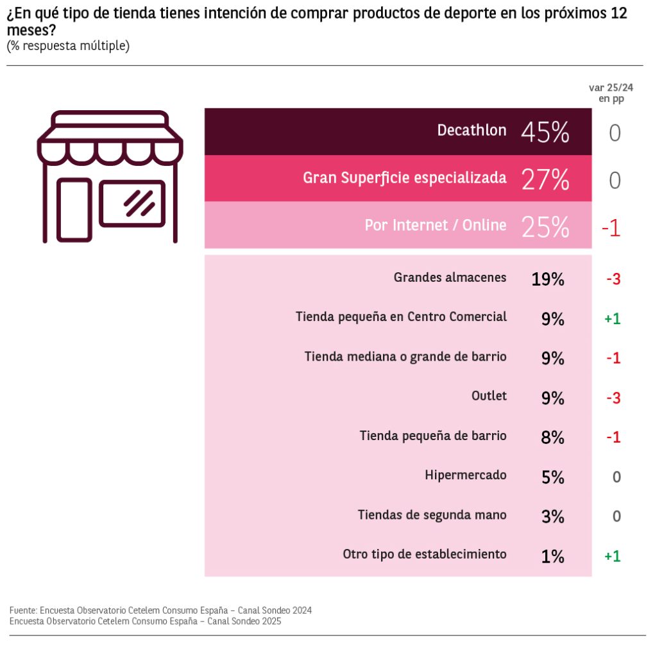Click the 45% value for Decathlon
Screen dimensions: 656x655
tap(545, 133)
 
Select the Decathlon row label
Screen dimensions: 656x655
tap(472, 131)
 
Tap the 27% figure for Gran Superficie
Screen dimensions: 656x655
tap(545, 180)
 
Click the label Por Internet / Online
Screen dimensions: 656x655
tap(436, 225)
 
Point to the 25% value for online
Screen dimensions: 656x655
tap(545, 227)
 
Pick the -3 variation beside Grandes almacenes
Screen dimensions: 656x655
tap(613, 279)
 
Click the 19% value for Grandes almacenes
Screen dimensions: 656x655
tap(547, 279)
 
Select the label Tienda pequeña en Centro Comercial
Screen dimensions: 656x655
tap(401, 317)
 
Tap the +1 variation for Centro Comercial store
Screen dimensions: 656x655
tap(613, 319)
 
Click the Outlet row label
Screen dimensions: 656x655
tap(489, 396)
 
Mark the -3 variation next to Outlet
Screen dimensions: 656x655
tap(613, 398)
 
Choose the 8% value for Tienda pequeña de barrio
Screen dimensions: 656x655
tap(552, 438)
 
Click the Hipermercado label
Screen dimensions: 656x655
tap(465, 475)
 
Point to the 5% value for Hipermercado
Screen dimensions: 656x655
tap(552, 477)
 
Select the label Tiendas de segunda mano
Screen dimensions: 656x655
tap(432, 515)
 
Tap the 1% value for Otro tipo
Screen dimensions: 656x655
tap(552, 556)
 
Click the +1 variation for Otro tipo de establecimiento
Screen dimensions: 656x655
tap(613, 556)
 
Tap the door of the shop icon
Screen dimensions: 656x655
tap(74, 209)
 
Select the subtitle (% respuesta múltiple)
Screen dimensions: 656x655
tap(68, 46)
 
